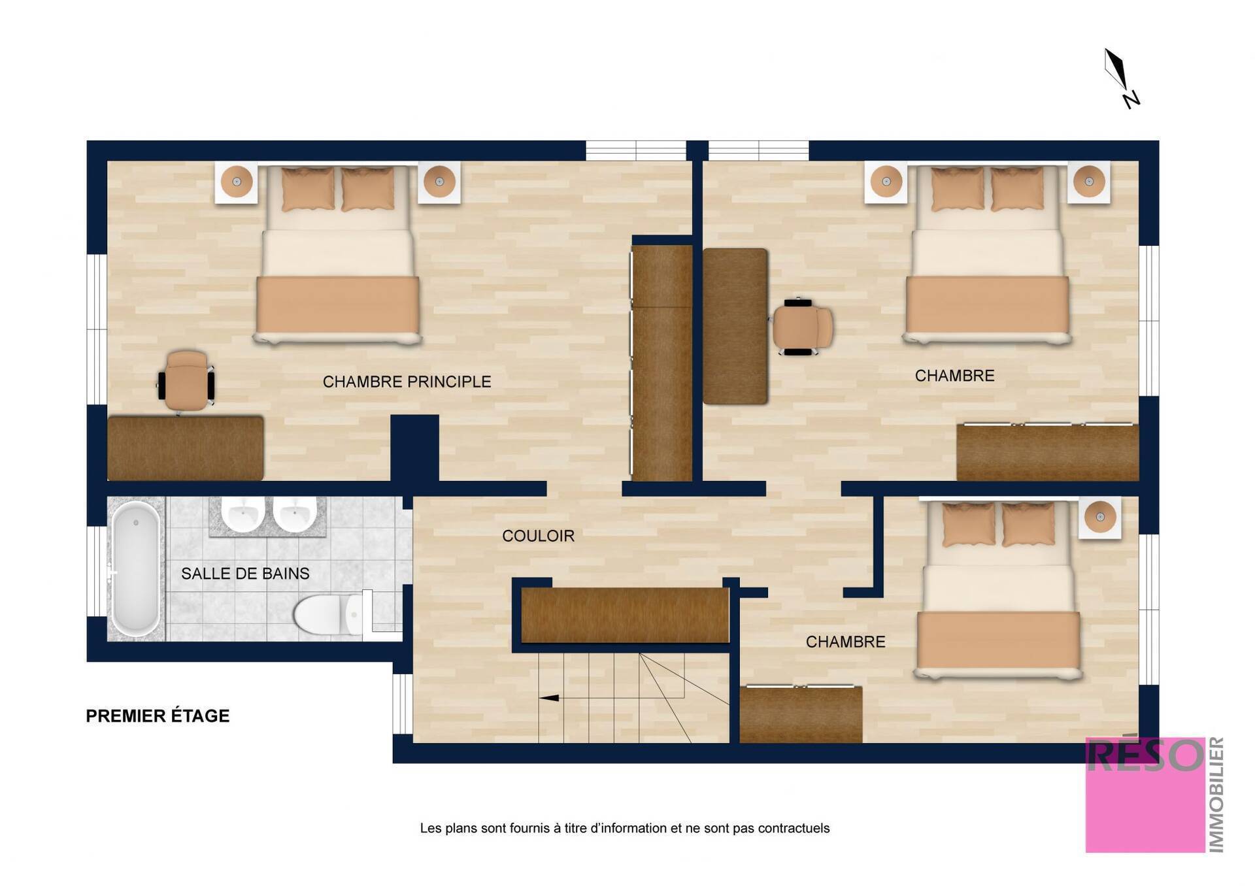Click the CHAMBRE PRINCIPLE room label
tap(407, 382)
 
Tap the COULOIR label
tap(538, 536)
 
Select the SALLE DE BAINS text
tap(245, 574)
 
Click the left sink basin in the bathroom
tap(243, 514)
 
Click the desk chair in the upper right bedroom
tap(802, 327)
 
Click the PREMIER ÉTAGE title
tap(158, 716)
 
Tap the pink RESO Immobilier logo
tap(1154, 795)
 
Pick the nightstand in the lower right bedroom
tap(1099, 517)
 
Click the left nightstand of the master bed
tap(237, 182)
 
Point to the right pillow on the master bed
tap(367, 189)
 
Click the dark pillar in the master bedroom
tap(414, 450)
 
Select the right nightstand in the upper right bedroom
tap(1089, 182)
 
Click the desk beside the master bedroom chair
tap(186, 448)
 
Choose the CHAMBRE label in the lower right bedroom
tap(845, 642)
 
